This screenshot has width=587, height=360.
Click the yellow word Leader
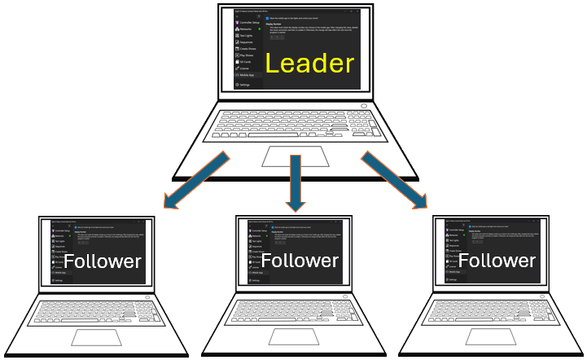tap(309, 64)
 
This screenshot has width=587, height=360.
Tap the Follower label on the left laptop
tap(103, 261)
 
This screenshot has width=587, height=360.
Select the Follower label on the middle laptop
tap(300, 261)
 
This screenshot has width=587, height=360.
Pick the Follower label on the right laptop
tap(497, 261)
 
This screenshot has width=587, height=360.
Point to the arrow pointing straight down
tap(293, 183)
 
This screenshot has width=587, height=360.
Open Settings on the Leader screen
tap(245, 84)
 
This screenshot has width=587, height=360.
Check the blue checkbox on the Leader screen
tap(268, 17)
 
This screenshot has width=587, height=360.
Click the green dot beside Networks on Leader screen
tap(259, 29)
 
